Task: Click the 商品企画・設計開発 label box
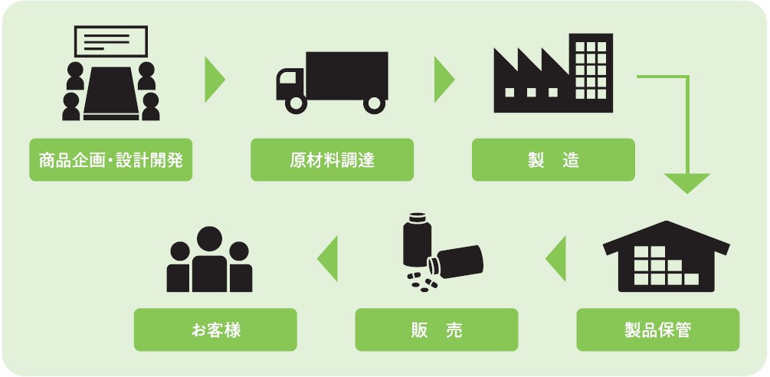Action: point(110,160)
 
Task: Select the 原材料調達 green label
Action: point(332,160)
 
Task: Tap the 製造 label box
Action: point(553,160)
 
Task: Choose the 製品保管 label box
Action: point(658,329)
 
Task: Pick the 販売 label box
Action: point(437,329)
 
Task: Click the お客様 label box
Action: point(215,329)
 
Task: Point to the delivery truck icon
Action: point(332,82)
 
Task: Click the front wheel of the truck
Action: point(296,103)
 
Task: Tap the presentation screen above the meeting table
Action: point(111,41)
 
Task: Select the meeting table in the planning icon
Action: point(111,93)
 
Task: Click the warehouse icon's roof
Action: point(667,237)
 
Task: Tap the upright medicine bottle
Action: point(417,240)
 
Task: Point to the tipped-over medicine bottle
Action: point(455,262)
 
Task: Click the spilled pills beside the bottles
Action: point(422,282)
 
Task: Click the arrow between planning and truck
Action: point(215,80)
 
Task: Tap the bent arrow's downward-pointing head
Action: point(687,183)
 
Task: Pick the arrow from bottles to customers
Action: point(328,259)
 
